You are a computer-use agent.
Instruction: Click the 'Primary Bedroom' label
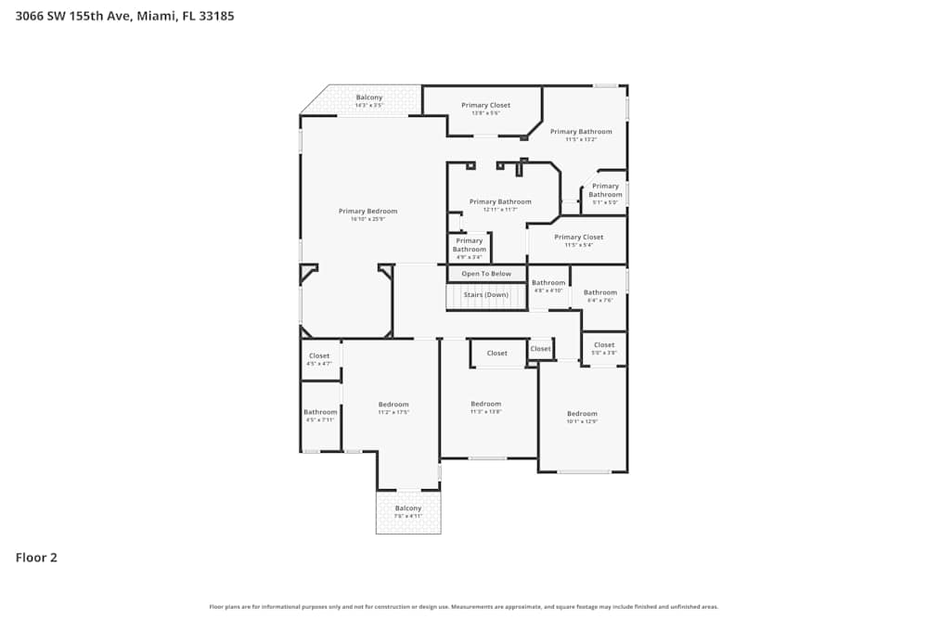point(367,211)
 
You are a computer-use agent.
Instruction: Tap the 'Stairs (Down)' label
point(486,295)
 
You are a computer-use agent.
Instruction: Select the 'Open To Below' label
point(486,274)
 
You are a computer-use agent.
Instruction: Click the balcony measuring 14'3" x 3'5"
point(368,100)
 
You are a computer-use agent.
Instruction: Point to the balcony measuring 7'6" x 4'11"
point(407,511)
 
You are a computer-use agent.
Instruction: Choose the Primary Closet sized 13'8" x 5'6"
point(485,109)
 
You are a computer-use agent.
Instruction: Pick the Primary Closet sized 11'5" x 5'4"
point(579,240)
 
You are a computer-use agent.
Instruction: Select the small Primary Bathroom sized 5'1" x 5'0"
point(605,193)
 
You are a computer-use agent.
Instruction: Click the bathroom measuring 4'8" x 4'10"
point(548,286)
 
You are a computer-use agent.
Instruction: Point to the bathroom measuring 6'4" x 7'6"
point(599,295)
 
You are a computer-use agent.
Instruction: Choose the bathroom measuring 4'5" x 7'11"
point(320,415)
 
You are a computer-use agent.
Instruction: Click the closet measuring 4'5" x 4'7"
point(319,359)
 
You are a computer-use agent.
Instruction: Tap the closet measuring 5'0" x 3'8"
point(604,348)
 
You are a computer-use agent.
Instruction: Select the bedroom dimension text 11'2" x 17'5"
point(393,412)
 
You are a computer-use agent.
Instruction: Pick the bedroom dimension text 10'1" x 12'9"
point(582,421)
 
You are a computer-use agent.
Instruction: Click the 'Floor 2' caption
point(36,558)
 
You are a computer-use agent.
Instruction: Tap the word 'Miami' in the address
point(155,16)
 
